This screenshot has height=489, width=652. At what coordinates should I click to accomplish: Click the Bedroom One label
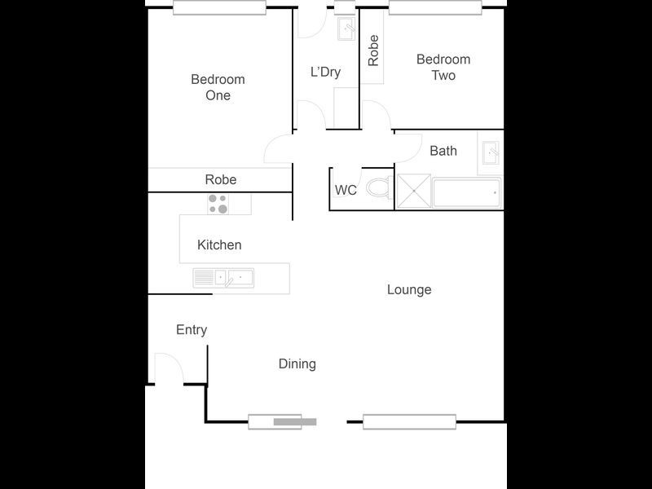[218, 87]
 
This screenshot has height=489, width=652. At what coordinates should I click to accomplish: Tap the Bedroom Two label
[443, 67]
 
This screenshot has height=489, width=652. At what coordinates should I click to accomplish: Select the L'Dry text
[325, 72]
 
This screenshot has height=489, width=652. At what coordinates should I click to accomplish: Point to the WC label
[346, 191]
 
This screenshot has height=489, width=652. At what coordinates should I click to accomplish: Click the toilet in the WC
[378, 189]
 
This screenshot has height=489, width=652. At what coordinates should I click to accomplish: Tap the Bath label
[443, 151]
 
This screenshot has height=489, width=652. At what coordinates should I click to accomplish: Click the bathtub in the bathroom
[465, 194]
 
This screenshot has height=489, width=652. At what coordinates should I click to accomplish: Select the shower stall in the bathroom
[413, 193]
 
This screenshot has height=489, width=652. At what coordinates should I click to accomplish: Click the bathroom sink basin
[491, 152]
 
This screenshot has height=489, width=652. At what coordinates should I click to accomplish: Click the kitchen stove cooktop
[218, 203]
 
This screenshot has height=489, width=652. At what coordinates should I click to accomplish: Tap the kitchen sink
[223, 278]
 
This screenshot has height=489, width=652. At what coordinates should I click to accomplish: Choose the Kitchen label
[219, 244]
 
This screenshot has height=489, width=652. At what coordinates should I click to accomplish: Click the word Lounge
[409, 289]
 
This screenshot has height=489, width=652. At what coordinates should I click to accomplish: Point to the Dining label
[297, 363]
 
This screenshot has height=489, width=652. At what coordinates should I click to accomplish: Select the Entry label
[192, 330]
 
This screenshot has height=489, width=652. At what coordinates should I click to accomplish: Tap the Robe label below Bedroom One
[221, 179]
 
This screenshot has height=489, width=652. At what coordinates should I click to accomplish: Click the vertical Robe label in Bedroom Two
[373, 51]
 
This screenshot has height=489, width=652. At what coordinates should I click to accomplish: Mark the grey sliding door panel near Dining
[294, 422]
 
